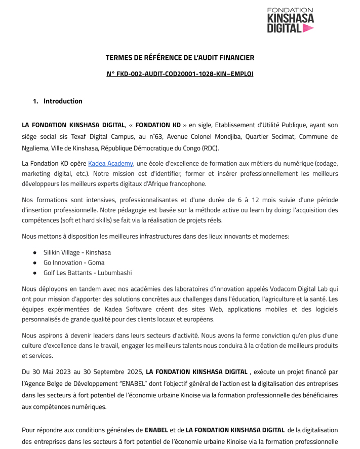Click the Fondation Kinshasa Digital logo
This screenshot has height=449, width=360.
tap(290, 20)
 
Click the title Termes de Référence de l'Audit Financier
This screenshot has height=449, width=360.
tap(180, 58)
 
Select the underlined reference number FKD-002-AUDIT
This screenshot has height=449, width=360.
tap(180, 74)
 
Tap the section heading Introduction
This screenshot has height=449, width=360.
tap(63, 101)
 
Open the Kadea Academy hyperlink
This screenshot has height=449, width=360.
tap(111, 163)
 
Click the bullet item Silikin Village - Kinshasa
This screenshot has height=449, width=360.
tap(77, 252)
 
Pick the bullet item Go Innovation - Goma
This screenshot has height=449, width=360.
tap(74, 263)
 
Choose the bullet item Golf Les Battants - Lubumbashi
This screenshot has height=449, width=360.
tap(88, 273)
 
